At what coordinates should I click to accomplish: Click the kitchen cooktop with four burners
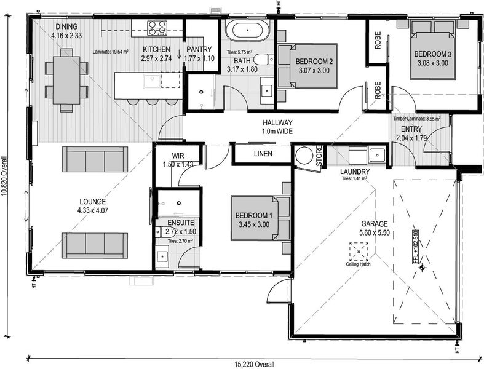click(x=157, y=28)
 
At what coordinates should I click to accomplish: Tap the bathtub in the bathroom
click(x=248, y=31)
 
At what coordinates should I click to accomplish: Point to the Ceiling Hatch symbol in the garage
click(x=359, y=252)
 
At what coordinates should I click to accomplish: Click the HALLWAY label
click(x=277, y=122)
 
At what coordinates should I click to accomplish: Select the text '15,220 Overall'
click(x=254, y=365)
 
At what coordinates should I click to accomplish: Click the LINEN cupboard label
click(x=263, y=154)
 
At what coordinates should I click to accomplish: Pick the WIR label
click(x=178, y=156)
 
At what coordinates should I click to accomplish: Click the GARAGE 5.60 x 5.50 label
click(x=375, y=228)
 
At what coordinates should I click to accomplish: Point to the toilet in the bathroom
click(x=263, y=59)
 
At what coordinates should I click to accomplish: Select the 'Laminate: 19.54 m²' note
click(x=110, y=52)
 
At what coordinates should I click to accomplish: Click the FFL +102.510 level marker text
click(x=415, y=247)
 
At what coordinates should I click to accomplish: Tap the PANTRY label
click(x=199, y=49)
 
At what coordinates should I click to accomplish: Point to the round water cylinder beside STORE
click(x=304, y=156)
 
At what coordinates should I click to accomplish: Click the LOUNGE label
click(x=93, y=202)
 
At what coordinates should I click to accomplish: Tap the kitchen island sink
click(x=151, y=81)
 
